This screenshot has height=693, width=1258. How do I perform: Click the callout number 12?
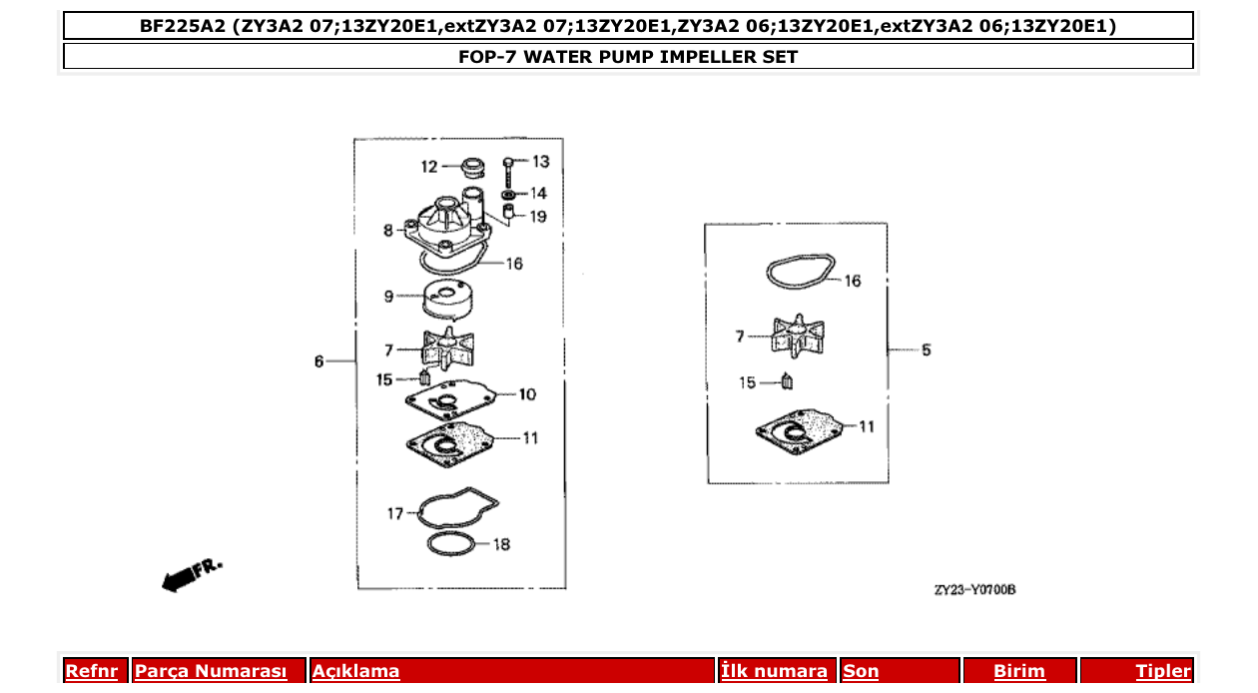coord(428,167)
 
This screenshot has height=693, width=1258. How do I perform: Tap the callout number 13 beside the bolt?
coord(540,162)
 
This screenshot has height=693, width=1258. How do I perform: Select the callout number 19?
coord(538,216)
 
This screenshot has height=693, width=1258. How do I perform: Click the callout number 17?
coord(395,513)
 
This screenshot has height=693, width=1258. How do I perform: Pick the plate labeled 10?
coord(448,400)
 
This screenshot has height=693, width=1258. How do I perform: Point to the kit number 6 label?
coord(319,361)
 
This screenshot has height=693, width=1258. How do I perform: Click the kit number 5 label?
coord(926,350)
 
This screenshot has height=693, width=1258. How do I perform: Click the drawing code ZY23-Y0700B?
coord(974,590)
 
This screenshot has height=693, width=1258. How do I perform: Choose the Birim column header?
coord(1018,671)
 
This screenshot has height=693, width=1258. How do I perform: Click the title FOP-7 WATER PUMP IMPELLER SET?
coord(628,57)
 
